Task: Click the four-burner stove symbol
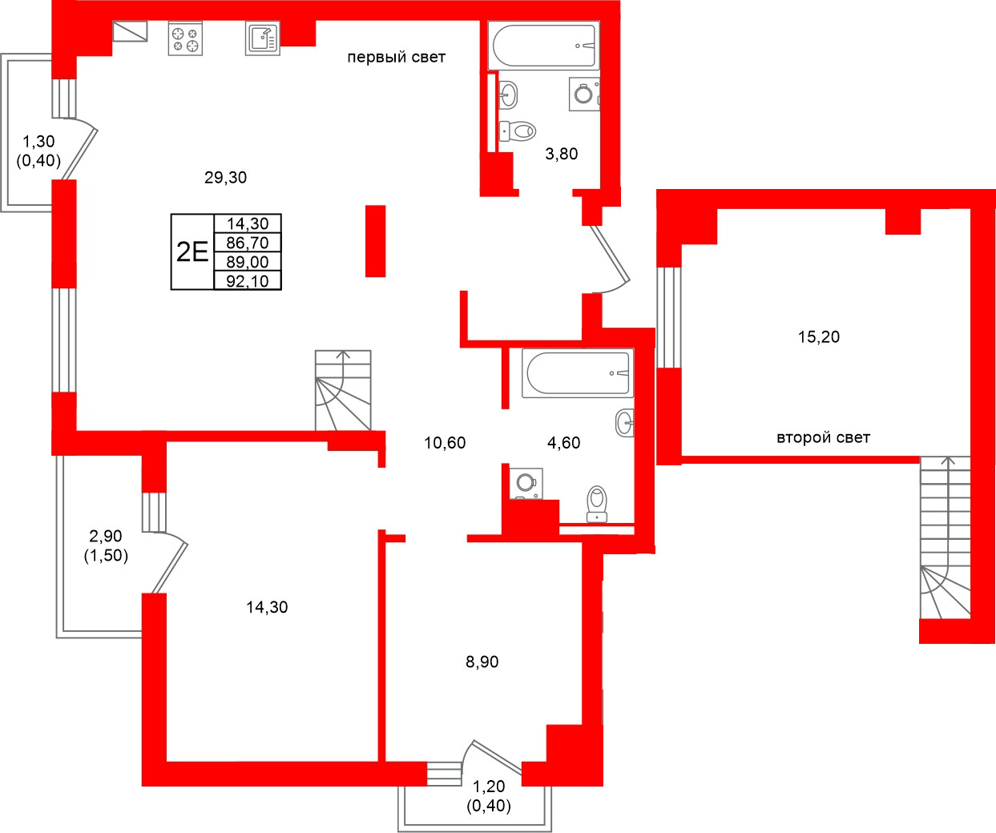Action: [185, 39]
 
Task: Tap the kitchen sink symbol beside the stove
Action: [262, 38]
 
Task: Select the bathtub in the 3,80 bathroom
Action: [544, 46]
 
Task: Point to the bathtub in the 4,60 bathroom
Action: [577, 372]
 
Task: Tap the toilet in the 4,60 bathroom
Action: [597, 503]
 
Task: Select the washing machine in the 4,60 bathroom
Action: [526, 483]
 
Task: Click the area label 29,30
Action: [225, 178]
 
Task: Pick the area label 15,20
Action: [819, 337]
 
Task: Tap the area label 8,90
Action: [482, 662]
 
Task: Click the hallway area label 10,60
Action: [445, 443]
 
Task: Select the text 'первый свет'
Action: [396, 58]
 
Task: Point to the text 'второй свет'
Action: [823, 438]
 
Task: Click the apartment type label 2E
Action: [192, 252]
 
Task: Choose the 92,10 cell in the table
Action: [248, 281]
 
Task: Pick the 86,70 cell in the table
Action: [248, 243]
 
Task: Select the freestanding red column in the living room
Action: [375, 241]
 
